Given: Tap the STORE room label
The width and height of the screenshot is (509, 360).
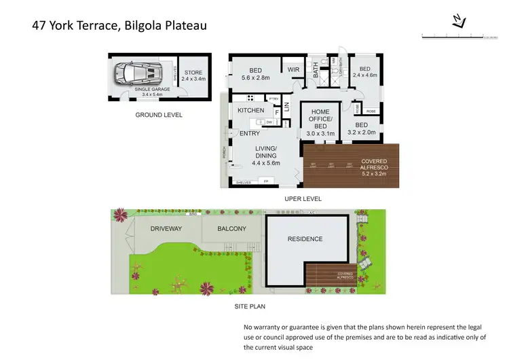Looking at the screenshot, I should tap(193, 73).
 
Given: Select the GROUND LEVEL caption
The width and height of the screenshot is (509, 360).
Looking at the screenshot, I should tap(158, 115).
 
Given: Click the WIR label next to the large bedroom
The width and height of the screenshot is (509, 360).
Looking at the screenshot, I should tap(293, 69).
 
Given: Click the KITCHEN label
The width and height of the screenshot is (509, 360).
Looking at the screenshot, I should tap(250, 110).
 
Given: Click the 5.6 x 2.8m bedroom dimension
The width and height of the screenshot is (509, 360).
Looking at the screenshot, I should tap(255, 78).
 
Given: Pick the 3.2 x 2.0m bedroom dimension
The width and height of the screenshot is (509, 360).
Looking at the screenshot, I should tap(361, 132).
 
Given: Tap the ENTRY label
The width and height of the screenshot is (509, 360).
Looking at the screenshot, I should tap(249, 134).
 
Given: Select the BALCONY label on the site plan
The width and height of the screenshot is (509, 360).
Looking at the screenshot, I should tap(231, 229).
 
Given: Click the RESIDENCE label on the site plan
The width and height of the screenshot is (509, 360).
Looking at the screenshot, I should tap(305, 238).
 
